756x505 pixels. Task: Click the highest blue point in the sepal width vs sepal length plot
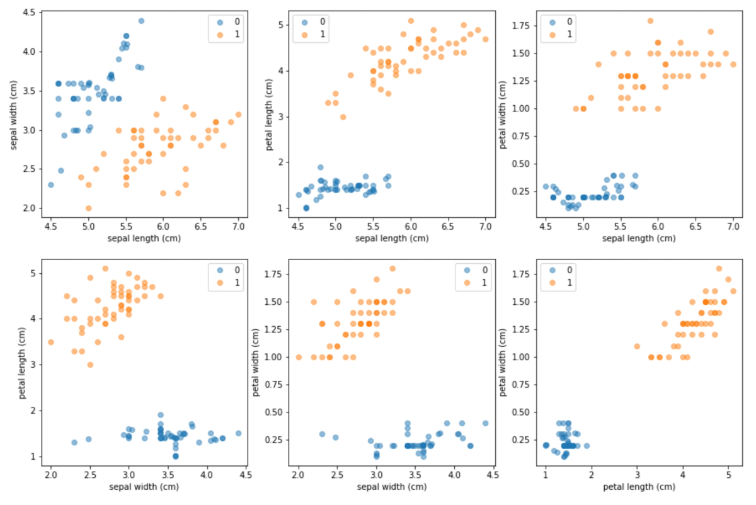(x=141, y=21)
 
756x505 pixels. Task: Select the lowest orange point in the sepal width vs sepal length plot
(x=88, y=208)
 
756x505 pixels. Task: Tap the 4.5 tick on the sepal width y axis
(x=29, y=13)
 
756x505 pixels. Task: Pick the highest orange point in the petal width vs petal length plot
(x=719, y=269)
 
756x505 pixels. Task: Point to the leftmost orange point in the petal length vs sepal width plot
(x=51, y=342)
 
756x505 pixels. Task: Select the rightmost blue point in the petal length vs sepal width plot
(x=238, y=433)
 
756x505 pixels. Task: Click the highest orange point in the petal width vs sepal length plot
(x=650, y=21)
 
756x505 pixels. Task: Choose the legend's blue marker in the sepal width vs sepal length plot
(x=219, y=21)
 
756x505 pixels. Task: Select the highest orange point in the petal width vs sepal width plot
(x=392, y=269)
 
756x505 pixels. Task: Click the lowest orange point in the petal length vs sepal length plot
(x=343, y=117)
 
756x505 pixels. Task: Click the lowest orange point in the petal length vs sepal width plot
(x=90, y=365)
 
